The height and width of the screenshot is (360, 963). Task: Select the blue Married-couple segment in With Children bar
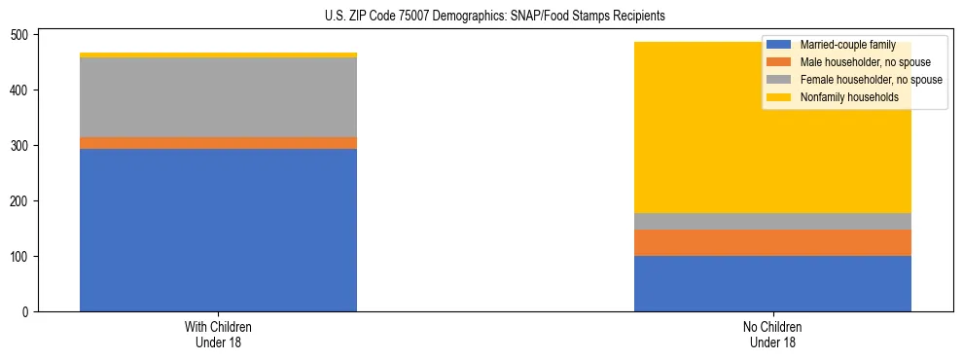point(218,230)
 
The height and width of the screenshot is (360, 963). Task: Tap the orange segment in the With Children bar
point(218,143)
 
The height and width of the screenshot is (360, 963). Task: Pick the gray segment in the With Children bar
point(218,97)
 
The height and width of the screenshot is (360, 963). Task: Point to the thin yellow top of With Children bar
point(218,54)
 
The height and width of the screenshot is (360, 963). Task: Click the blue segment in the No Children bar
point(772,283)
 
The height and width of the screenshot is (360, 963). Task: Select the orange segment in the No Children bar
point(772,242)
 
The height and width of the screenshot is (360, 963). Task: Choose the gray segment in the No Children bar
point(772,221)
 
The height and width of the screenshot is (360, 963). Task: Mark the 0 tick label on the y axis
point(28,312)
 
